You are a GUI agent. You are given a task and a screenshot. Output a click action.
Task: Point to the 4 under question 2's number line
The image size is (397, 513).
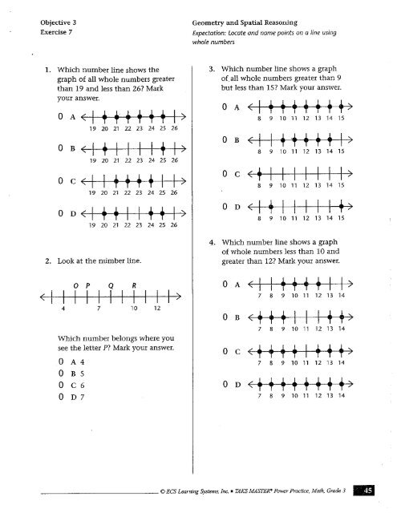pyautogui.click(x=63, y=308)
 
